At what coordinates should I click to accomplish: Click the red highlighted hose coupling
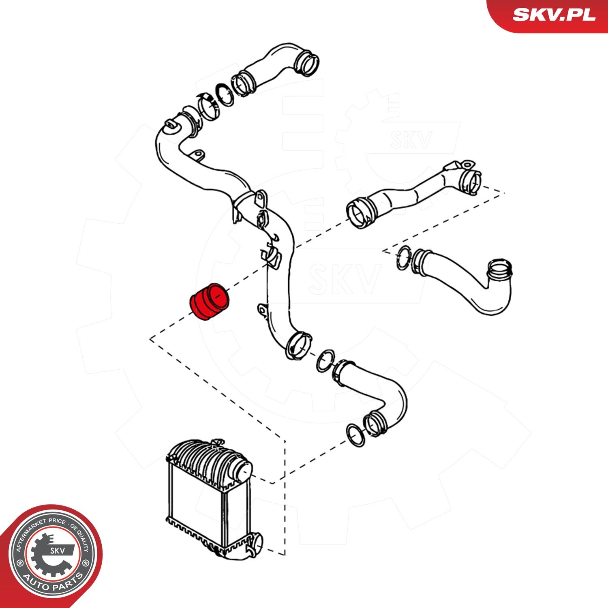pyautogui.click(x=210, y=302)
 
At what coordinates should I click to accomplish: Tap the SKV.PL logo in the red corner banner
pyautogui.click(x=554, y=15)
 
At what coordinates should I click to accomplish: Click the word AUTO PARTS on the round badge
pyautogui.click(x=53, y=582)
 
